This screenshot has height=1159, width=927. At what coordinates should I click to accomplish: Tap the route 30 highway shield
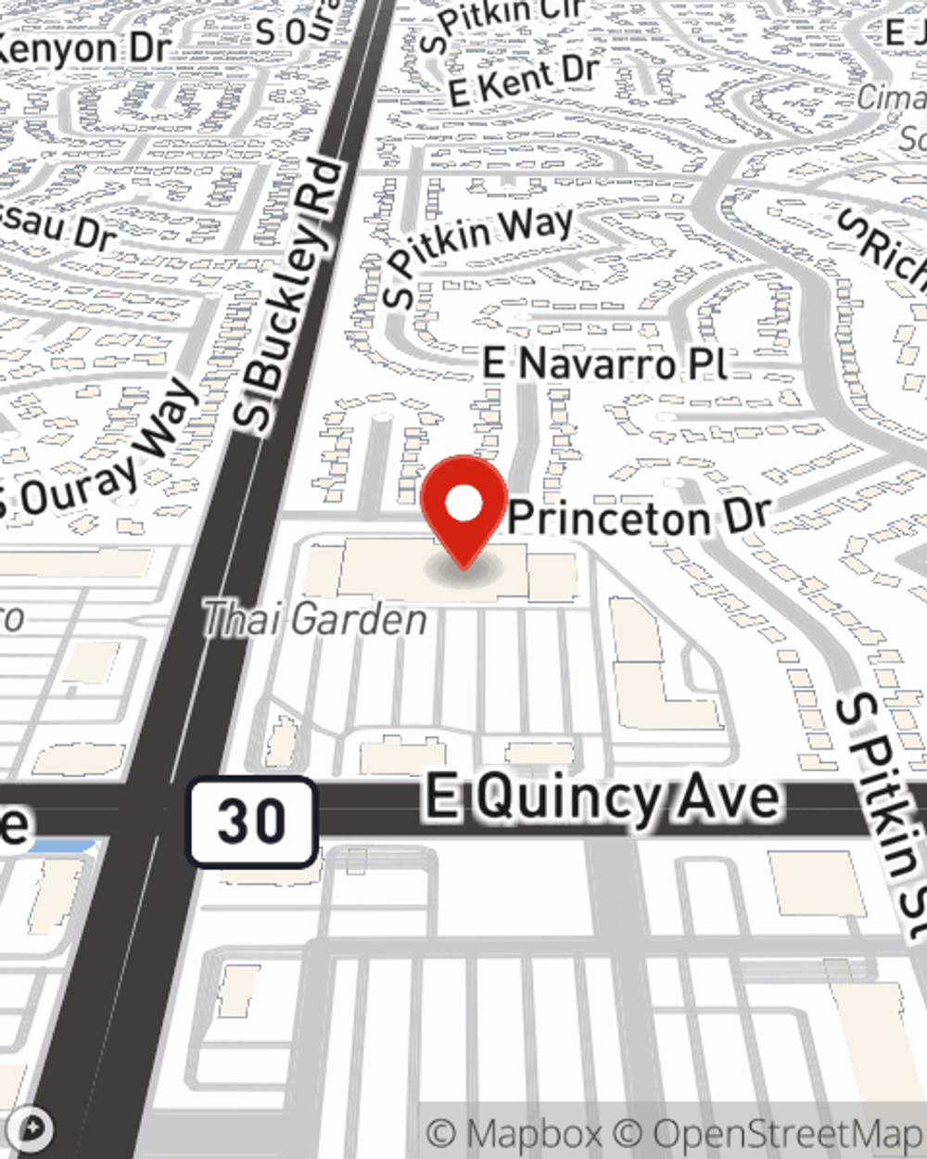coord(251,822)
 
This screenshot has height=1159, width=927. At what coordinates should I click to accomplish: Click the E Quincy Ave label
coord(603,798)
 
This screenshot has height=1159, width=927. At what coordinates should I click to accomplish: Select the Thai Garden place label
coord(314,619)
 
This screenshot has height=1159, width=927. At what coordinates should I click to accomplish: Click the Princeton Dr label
coord(640,517)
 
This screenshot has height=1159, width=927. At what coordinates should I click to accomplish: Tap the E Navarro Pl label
coord(604,363)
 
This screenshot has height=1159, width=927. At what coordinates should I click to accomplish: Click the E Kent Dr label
coord(523,80)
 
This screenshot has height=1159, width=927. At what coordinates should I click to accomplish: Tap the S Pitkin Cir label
coord(501,22)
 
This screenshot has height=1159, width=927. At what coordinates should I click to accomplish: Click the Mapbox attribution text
coord(514,1133)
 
